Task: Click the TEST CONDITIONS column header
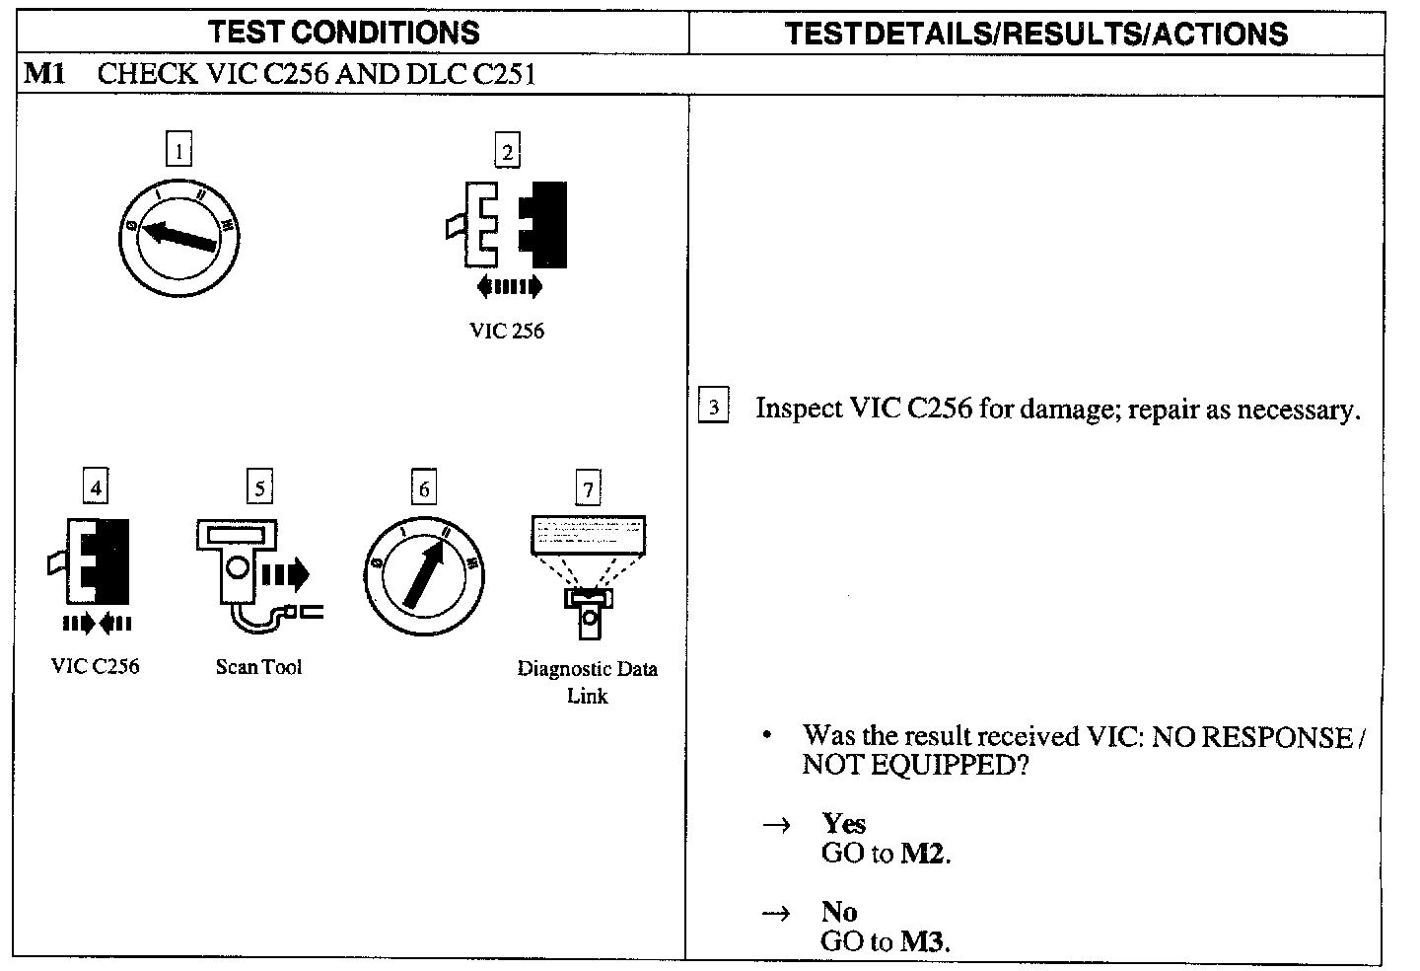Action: point(343,33)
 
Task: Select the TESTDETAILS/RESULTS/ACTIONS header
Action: point(1036,35)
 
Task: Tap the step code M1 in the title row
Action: point(44,74)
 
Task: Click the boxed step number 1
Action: point(178,151)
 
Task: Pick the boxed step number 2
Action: point(507,151)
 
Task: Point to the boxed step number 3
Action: point(713,408)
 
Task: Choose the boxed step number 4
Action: point(95,487)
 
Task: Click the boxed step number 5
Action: point(259,487)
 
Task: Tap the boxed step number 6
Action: point(424,488)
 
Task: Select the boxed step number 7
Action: point(588,489)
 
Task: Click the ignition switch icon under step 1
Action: point(178,237)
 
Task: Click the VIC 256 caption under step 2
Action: point(507,331)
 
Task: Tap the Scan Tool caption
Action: point(258,667)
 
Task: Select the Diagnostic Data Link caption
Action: point(587,682)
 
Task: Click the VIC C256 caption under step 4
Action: point(95,666)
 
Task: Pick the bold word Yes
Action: point(843,823)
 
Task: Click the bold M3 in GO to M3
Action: point(924,941)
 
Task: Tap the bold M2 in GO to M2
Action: point(924,854)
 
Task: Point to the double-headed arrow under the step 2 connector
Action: point(509,287)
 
